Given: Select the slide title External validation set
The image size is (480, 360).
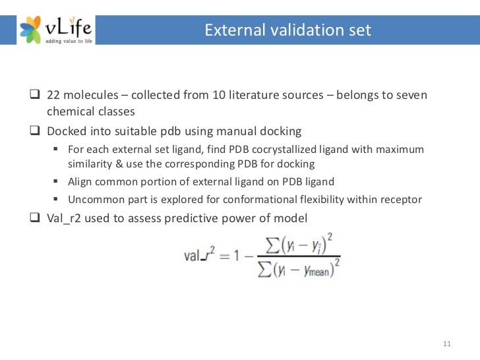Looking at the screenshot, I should pos(287,30).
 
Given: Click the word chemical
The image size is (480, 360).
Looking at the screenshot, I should pos(71,111).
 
